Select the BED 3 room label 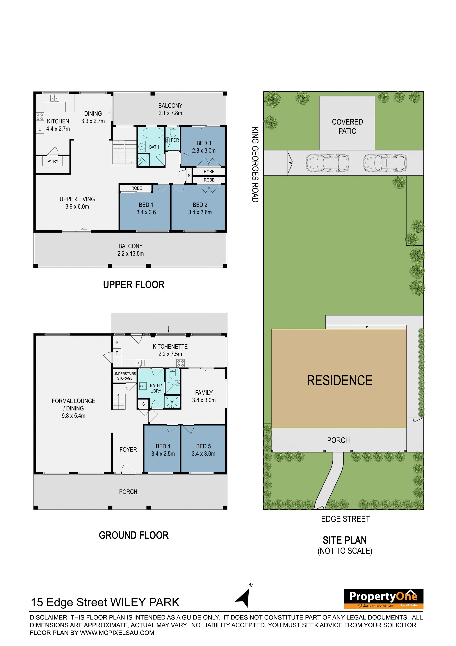[204, 143]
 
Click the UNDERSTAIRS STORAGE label [125, 376]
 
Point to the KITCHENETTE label [170, 346]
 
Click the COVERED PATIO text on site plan [347, 126]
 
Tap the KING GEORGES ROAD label [255, 165]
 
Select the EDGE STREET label [345, 519]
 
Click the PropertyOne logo [384, 598]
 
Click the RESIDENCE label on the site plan [339, 380]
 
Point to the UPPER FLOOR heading [134, 285]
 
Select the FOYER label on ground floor [128, 449]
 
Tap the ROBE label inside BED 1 [137, 188]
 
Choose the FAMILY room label [204, 392]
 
